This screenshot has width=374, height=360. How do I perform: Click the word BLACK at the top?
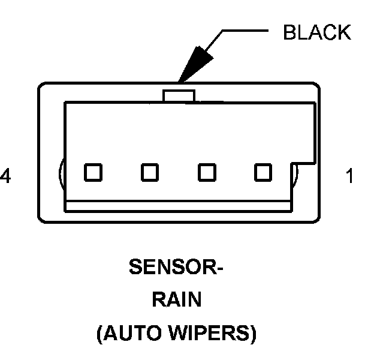point(317,32)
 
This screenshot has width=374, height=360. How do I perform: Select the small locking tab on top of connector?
point(179,95)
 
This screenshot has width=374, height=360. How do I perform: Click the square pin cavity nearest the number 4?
point(92,172)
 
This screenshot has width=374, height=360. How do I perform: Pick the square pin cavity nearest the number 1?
point(263,172)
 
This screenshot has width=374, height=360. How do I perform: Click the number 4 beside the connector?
point(7,176)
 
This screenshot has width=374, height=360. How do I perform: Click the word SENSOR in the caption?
point(170,266)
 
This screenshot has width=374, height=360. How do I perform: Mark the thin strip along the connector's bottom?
point(179,206)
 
